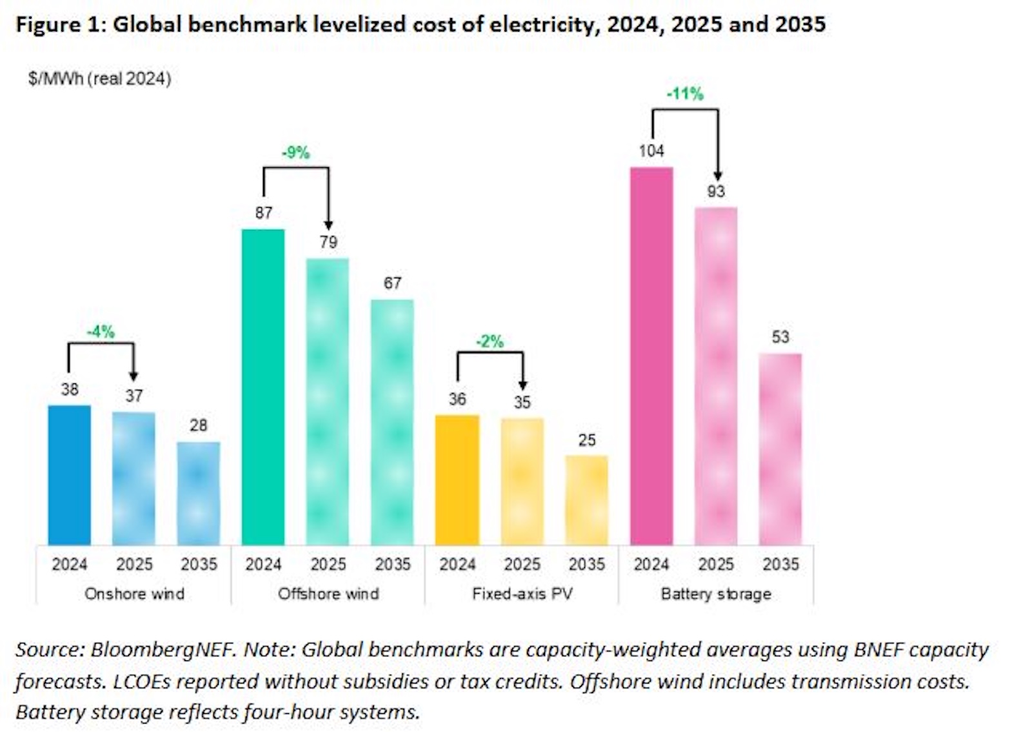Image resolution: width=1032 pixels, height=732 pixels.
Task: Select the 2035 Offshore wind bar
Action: coord(392,422)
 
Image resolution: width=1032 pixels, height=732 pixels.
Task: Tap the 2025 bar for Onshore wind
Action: coord(134,478)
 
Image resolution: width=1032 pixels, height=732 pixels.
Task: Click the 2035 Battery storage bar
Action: coord(780,449)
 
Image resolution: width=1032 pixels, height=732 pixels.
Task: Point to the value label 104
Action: coord(651,151)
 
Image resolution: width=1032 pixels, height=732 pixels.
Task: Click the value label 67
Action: coord(392,283)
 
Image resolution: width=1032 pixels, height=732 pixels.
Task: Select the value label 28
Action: coord(198,425)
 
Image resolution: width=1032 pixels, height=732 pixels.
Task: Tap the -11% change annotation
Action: coord(684,94)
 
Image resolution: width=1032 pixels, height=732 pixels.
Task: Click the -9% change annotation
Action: coord(295,153)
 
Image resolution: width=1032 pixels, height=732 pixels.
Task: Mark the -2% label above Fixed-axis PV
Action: coord(490,341)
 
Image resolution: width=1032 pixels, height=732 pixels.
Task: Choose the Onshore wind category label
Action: coord(134,594)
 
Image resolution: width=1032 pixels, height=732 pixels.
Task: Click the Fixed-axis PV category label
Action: coord(522,594)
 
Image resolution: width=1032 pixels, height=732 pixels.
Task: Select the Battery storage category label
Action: coord(716,594)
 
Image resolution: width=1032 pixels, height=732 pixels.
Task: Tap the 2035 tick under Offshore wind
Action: coord(392,565)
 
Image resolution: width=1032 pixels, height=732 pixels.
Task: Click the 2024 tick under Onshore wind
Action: coord(69,565)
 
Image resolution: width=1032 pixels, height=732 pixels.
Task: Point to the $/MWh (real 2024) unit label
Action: coord(99,79)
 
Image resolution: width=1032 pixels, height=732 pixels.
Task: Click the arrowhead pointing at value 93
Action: coord(717,176)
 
